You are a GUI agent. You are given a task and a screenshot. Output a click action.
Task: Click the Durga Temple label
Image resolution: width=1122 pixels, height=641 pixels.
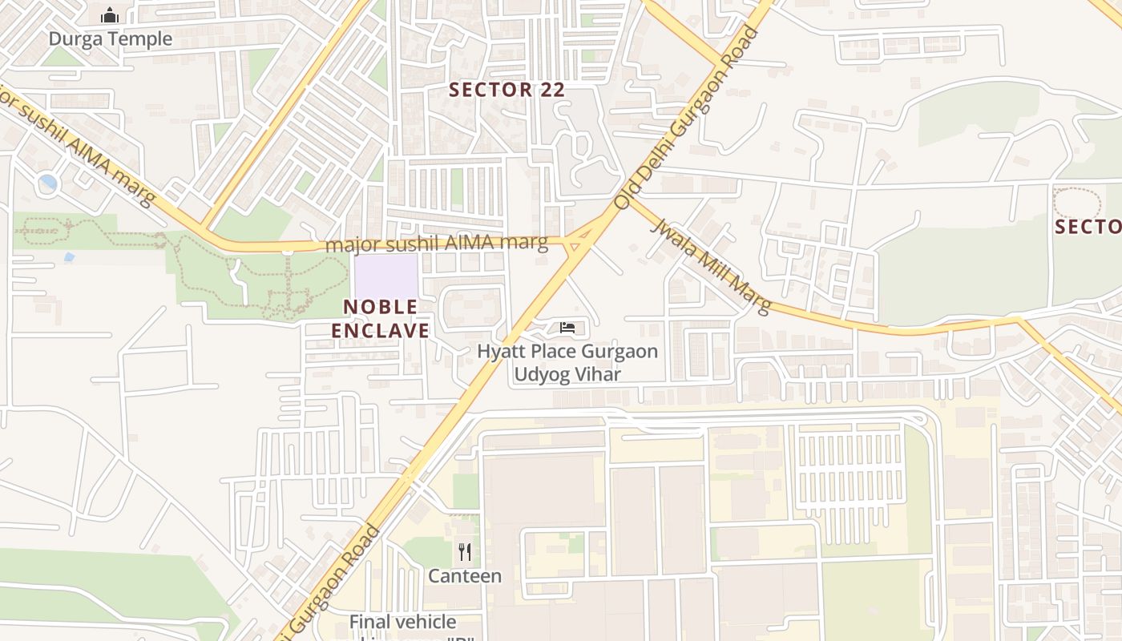click(x=110, y=38)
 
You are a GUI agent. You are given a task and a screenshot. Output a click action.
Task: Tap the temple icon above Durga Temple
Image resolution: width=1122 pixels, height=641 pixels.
click(x=110, y=15)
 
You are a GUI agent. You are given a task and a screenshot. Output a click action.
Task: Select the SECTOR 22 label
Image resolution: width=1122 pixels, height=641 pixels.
click(x=507, y=90)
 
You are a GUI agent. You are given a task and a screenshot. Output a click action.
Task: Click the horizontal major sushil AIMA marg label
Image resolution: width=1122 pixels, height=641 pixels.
click(x=437, y=244)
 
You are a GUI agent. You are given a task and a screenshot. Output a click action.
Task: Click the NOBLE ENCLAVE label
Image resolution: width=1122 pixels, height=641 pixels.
click(x=381, y=318)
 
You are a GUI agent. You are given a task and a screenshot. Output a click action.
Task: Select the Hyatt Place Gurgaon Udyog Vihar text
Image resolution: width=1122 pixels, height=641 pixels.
click(x=567, y=362)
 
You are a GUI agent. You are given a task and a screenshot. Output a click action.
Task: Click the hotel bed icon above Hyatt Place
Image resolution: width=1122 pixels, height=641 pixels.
click(x=567, y=328)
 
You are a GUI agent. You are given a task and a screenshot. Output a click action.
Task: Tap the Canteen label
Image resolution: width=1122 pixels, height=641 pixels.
click(x=464, y=575)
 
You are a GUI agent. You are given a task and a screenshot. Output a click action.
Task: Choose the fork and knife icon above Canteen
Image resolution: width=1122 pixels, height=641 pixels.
click(x=464, y=551)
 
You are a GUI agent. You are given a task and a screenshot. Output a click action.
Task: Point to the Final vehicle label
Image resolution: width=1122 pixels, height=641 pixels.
click(x=402, y=622)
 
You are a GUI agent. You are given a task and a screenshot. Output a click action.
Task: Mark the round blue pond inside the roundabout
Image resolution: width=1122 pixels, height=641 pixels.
click(x=48, y=183)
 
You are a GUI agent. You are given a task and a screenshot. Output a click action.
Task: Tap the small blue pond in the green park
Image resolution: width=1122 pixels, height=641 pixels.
click(x=69, y=257)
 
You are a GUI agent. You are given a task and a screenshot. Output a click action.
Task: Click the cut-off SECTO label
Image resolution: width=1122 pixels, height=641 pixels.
click(x=1088, y=227)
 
